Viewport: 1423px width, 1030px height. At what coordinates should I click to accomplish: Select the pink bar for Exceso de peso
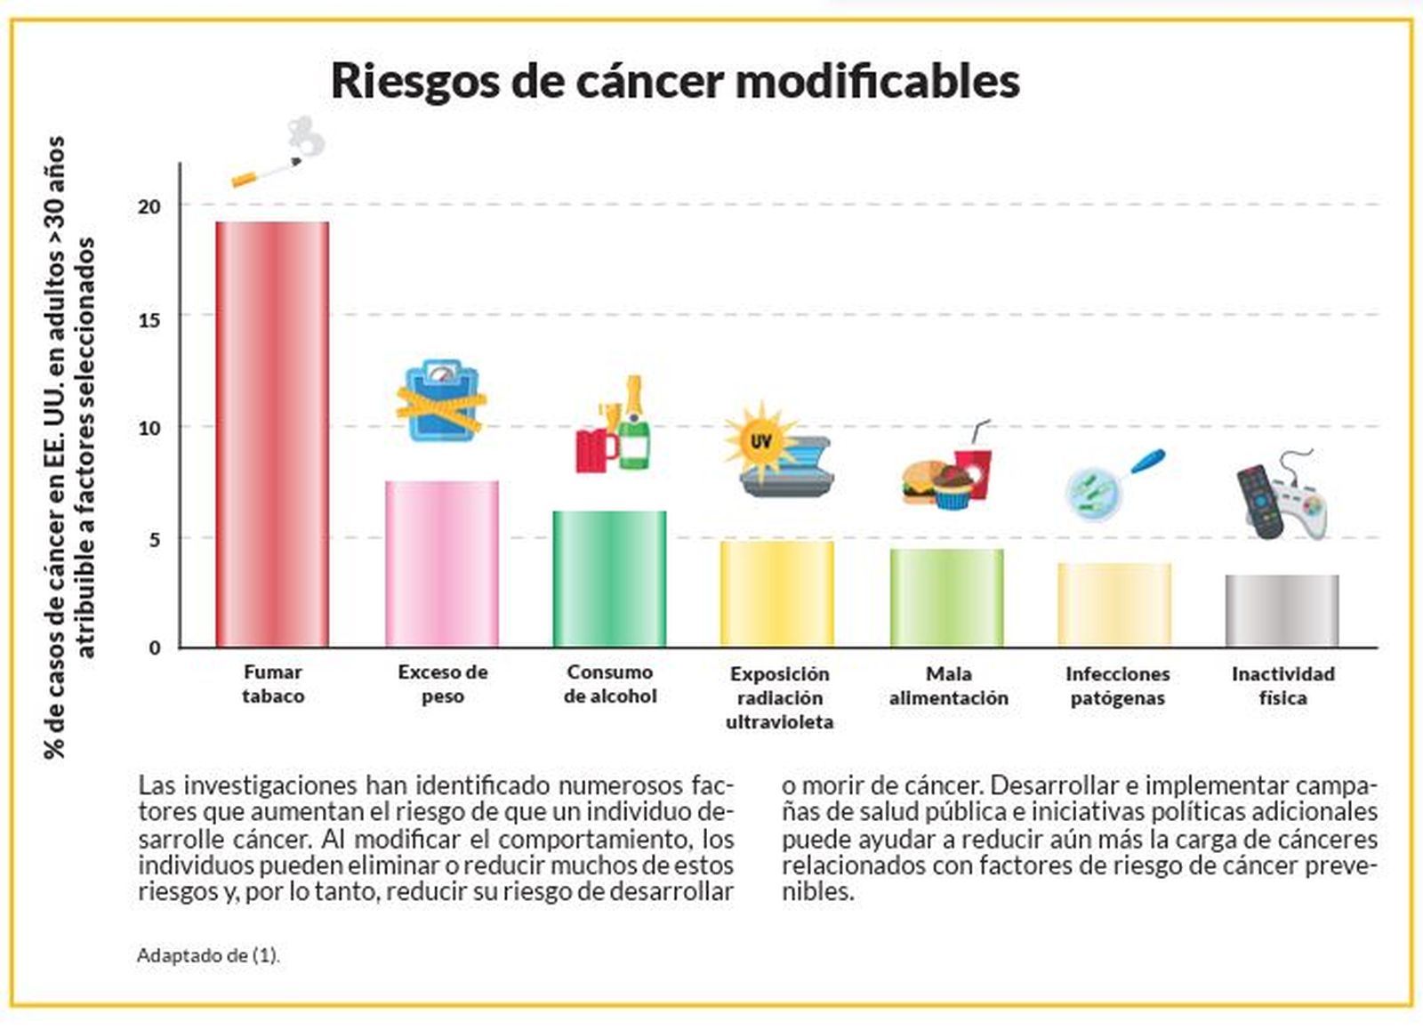point(442,564)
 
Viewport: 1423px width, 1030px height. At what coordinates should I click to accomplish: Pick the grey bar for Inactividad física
point(1282,611)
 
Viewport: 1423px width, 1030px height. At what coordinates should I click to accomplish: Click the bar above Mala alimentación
point(947,598)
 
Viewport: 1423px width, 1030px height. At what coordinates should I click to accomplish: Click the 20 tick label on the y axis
point(149,207)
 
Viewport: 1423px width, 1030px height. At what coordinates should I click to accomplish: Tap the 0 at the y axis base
point(155,648)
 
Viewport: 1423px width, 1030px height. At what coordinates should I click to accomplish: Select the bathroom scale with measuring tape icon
point(441,401)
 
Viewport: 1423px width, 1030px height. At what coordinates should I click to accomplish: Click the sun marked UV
point(760,441)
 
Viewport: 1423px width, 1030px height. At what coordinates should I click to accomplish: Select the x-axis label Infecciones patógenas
point(1117,686)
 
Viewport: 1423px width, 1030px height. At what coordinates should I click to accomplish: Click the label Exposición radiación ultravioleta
point(779,698)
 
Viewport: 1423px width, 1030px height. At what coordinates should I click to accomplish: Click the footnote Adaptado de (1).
point(208,956)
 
